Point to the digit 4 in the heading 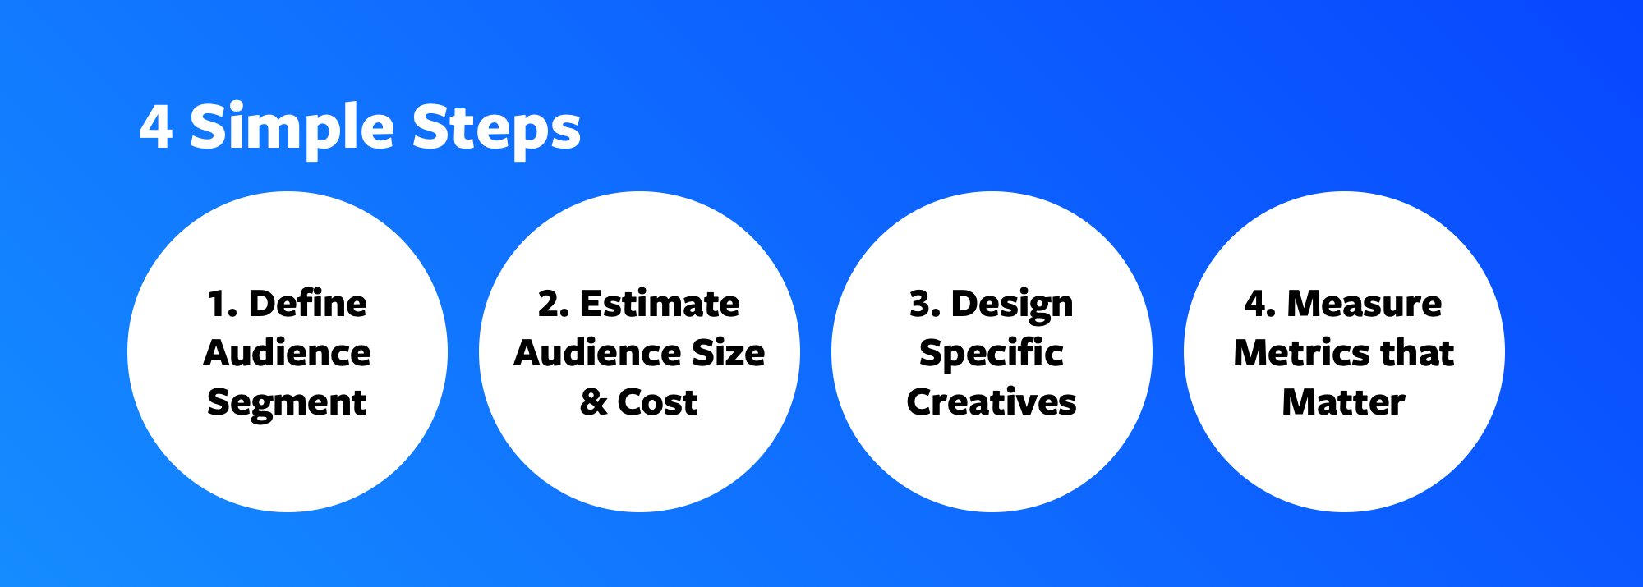[156, 126]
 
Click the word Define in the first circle [308, 304]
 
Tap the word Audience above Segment [287, 353]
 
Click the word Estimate [660, 304]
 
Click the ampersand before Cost [593, 402]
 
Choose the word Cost [657, 402]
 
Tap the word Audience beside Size [599, 353]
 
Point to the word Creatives [992, 402]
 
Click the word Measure [1365, 304]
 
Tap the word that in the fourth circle [1417, 353]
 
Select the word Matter [1344, 402]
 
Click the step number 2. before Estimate [554, 305]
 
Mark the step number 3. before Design [925, 305]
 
